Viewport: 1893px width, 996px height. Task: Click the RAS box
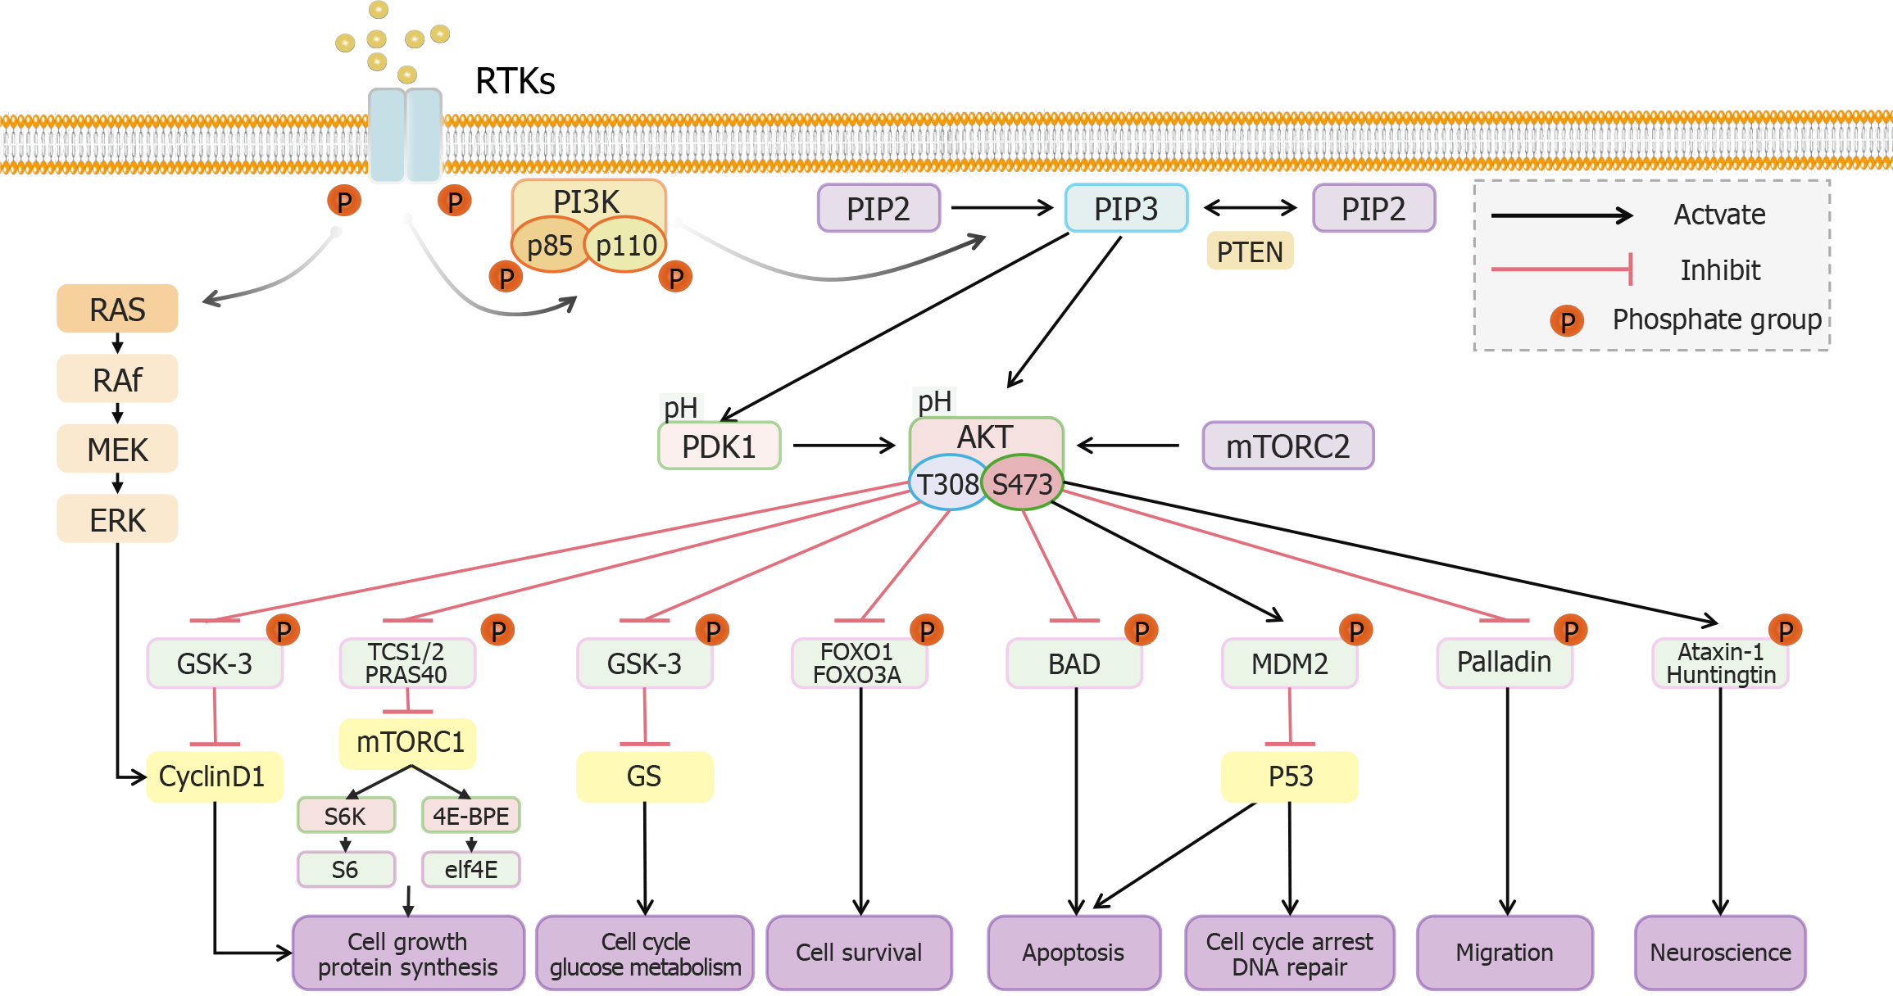coord(117,309)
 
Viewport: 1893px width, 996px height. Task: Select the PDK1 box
coord(720,446)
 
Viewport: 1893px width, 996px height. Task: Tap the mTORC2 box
coord(1287,446)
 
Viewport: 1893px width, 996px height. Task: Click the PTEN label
coord(1250,251)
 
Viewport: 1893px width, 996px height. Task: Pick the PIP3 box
coord(1126,209)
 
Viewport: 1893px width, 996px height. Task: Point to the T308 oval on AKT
coord(946,484)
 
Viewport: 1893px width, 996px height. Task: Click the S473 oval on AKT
coord(1023,484)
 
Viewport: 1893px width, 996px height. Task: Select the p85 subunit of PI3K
coord(549,245)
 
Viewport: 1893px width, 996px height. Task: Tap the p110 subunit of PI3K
coord(626,245)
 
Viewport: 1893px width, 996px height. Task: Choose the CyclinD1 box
coord(214,776)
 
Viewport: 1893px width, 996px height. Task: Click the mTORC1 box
coord(408,743)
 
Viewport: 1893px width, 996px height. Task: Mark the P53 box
coord(1290,776)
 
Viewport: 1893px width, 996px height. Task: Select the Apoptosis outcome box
coord(1074,953)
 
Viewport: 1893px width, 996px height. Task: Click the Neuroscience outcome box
coord(1720,953)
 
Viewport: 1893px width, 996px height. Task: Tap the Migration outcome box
coord(1505,953)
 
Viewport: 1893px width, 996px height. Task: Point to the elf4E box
coord(471,869)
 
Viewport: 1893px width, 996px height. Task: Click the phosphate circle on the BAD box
coord(1142,631)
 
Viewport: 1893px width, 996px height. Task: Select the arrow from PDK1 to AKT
coord(844,446)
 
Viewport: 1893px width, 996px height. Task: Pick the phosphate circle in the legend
coord(1567,321)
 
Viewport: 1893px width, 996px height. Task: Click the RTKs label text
coord(515,81)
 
